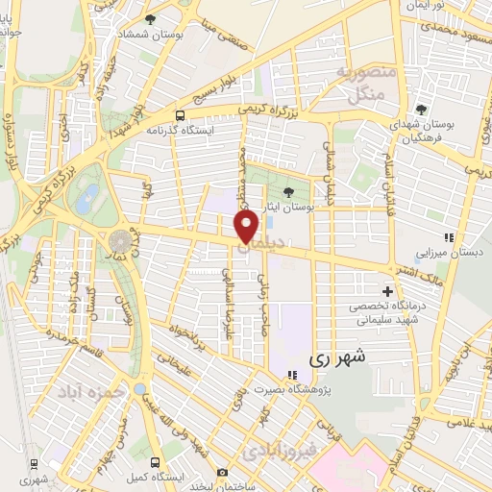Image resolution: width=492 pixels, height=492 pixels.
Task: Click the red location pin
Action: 247,227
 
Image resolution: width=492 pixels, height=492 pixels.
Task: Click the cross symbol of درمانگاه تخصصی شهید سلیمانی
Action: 388,290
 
